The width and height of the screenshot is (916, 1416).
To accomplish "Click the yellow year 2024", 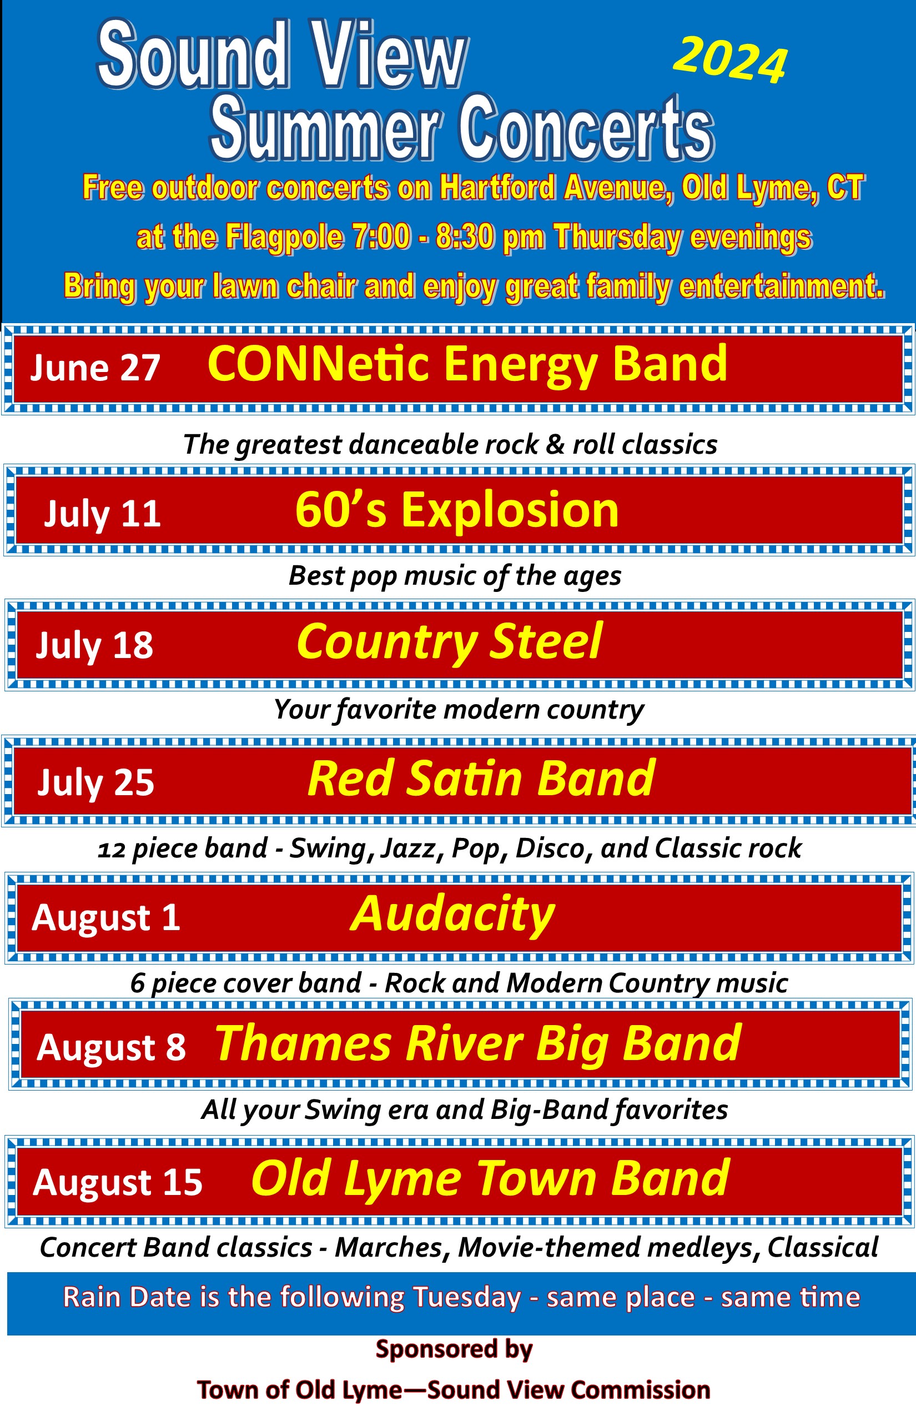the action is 731,60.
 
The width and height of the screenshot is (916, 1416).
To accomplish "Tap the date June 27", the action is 95,367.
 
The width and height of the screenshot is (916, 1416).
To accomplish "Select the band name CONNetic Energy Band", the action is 467,364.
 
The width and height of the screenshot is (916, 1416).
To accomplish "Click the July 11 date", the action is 102,513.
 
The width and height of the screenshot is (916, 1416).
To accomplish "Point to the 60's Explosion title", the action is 457,509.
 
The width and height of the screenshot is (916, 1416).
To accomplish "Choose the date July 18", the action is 94,645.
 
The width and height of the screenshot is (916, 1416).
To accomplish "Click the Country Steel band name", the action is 450,642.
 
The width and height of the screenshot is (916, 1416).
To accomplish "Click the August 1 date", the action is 106,917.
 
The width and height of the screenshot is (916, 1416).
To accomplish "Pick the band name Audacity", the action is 452,915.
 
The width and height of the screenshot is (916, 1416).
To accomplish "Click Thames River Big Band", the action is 478,1044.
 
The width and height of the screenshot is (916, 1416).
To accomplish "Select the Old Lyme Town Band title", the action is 491,1179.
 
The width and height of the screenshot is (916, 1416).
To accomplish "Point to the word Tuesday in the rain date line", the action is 467,1298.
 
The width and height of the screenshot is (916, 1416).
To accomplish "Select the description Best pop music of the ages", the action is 455,576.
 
